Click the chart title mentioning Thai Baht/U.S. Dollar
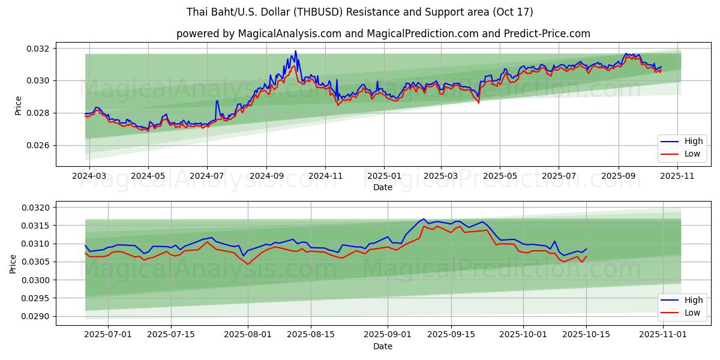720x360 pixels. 359,12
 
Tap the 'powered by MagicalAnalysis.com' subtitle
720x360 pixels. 383,34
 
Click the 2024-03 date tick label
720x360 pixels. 89,176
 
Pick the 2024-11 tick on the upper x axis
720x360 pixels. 325,176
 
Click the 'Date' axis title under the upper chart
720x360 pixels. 383,187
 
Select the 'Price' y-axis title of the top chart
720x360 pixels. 19,106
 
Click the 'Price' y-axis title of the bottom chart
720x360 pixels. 14,263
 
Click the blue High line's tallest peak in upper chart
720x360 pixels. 295,51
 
